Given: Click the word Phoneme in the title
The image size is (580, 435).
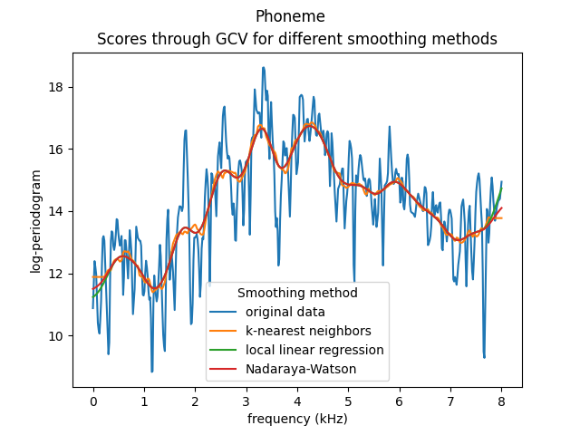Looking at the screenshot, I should coord(290,16).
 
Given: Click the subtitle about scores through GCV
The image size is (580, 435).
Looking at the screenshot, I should coord(297,39).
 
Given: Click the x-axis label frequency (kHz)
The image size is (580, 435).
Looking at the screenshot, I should coord(297,419).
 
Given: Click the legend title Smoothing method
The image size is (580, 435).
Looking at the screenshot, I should coord(297,293).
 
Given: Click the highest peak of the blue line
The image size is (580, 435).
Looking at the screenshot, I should coord(264,67).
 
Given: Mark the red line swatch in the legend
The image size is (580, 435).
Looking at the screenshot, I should coord(225,369).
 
